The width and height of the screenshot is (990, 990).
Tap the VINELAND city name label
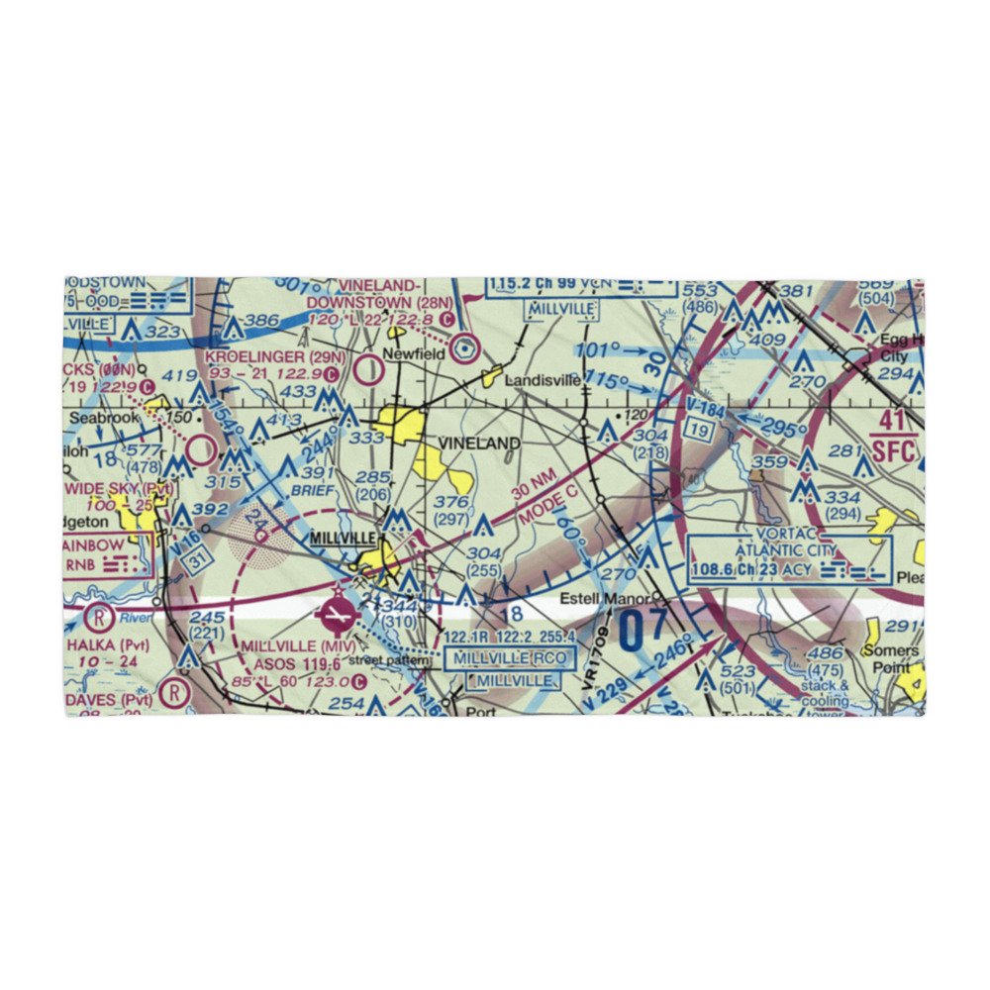point(478,444)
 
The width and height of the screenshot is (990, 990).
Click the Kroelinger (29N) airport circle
point(368,370)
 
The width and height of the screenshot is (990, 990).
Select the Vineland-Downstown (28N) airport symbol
point(464,347)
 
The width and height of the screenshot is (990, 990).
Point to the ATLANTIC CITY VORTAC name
point(787,550)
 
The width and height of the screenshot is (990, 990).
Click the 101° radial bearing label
point(596,349)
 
